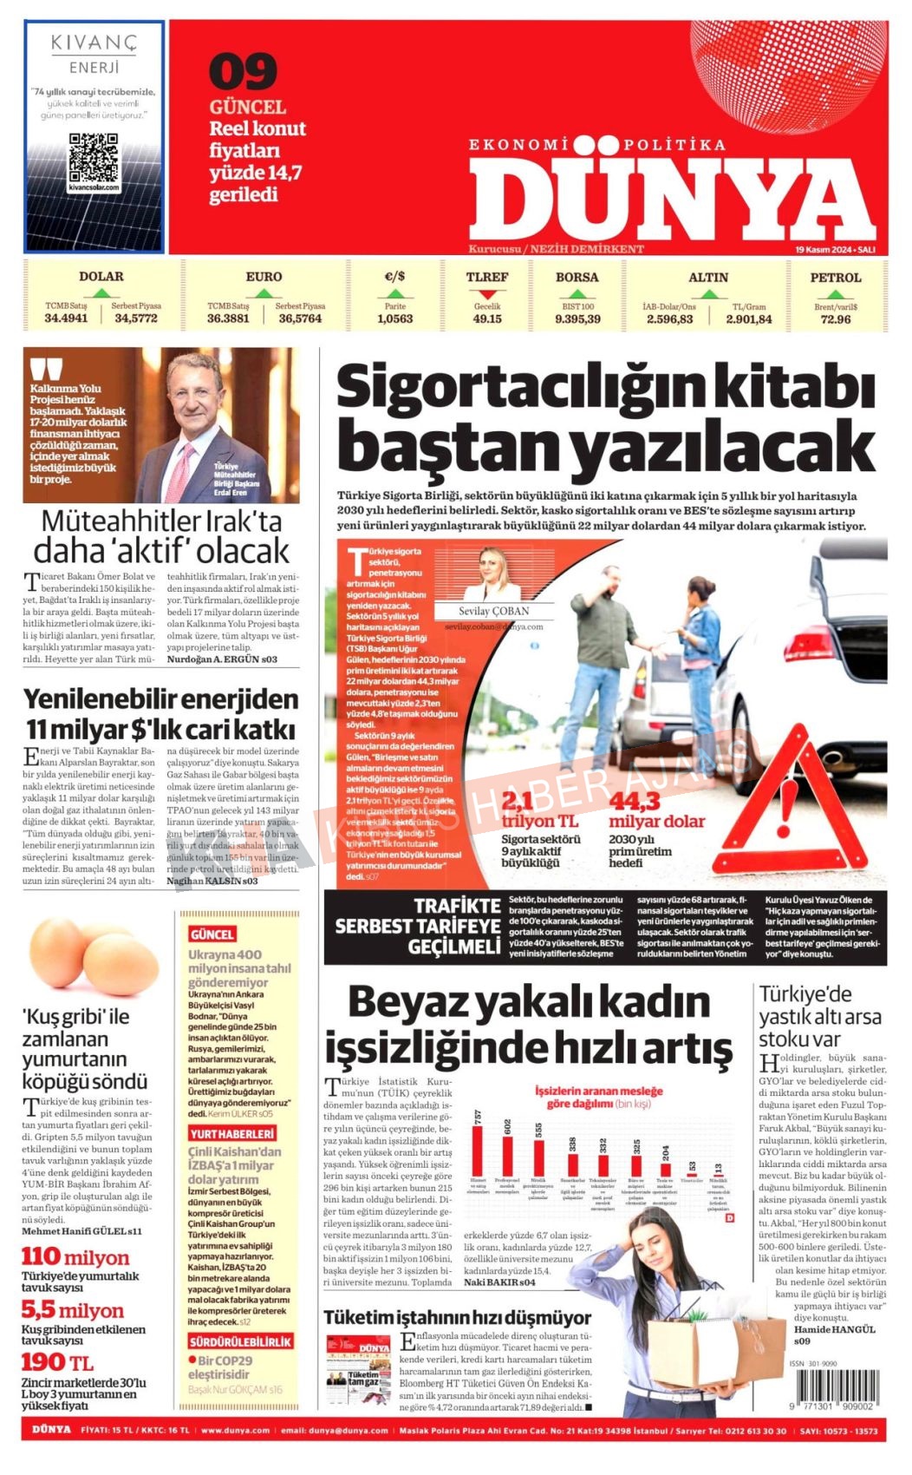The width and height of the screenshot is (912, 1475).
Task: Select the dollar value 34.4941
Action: point(66,318)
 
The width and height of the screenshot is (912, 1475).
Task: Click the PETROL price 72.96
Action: point(835,319)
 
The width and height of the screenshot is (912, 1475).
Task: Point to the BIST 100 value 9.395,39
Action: point(577,319)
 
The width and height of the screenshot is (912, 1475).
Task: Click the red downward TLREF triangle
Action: point(487,294)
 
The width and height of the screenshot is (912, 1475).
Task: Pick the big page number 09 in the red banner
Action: point(243,73)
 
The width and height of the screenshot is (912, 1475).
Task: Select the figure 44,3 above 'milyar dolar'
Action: point(635,800)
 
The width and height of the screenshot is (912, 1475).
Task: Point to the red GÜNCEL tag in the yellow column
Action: point(212,934)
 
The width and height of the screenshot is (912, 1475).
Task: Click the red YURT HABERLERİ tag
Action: point(231,1133)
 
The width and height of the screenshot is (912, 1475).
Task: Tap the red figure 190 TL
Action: point(57,1362)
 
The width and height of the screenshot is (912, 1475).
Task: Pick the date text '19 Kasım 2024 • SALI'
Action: point(835,249)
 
